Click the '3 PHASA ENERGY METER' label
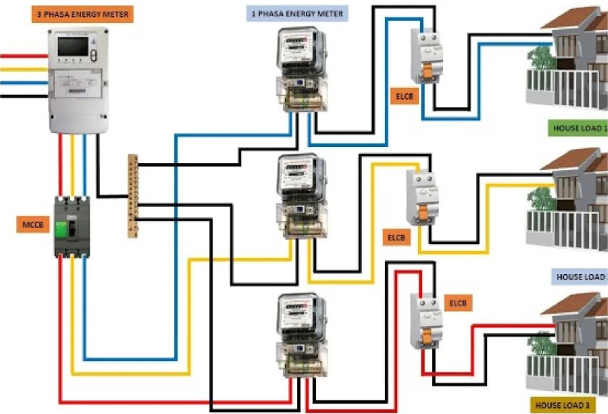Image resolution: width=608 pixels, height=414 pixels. pyautogui.click(x=82, y=14)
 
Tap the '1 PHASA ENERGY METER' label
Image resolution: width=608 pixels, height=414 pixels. pyautogui.click(x=297, y=14)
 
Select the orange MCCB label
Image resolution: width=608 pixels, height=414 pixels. pyautogui.click(x=32, y=225)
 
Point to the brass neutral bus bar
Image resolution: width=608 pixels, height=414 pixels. pyautogui.click(x=133, y=196)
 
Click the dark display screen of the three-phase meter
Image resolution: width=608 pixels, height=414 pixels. pyautogui.click(x=73, y=46)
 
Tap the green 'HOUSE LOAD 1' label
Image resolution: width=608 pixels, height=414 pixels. pyautogui.click(x=578, y=128)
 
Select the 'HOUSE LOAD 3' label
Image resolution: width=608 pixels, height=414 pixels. pyautogui.click(x=562, y=405)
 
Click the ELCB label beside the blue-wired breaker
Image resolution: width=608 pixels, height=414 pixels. pyautogui.click(x=404, y=96)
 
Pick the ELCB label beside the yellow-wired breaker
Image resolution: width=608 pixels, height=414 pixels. pyautogui.click(x=396, y=237)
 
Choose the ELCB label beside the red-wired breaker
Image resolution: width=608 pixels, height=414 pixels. pyautogui.click(x=457, y=303)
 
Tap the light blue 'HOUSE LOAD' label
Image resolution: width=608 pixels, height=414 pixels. pyautogui.click(x=579, y=277)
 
